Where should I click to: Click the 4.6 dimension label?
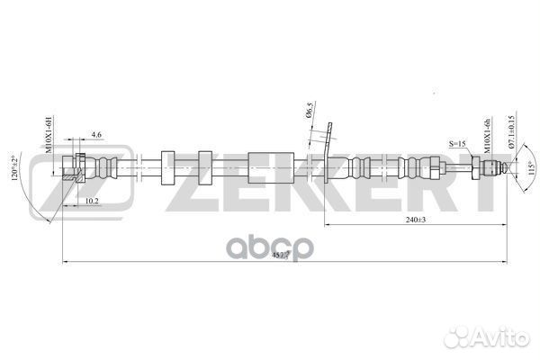pyautogui.click(x=96, y=135)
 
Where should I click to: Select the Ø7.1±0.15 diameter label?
pyautogui.click(x=510, y=132)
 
